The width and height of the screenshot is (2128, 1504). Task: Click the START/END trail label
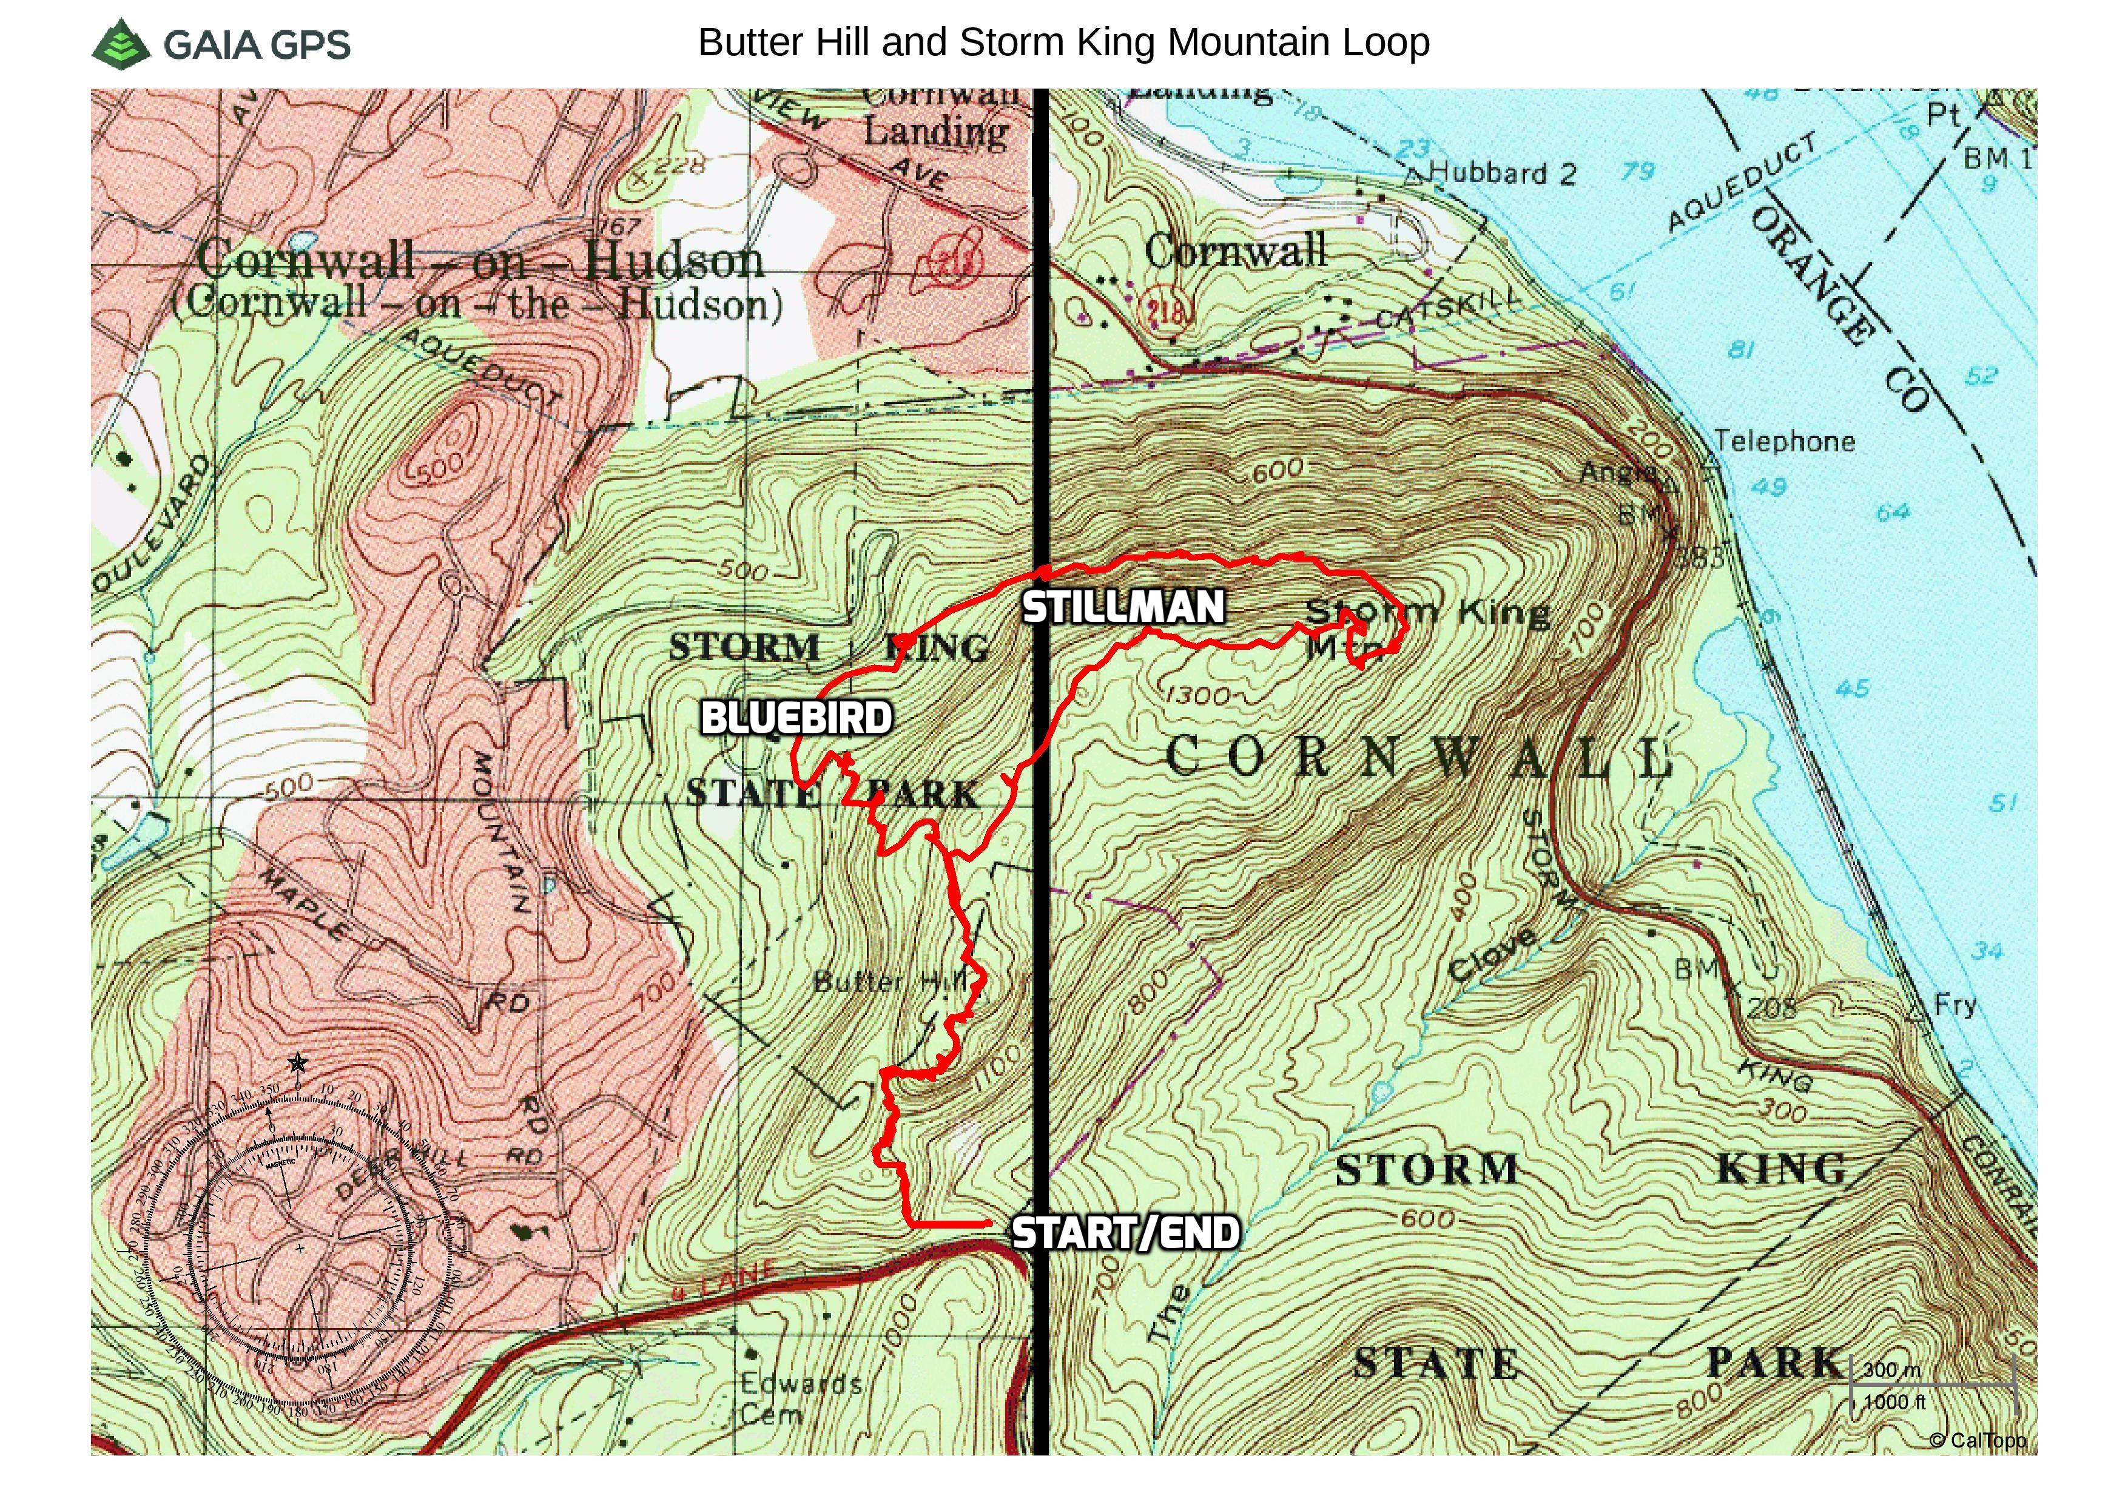1125,1233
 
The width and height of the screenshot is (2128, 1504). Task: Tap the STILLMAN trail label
1123,607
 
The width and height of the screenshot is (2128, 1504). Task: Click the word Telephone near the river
1784,441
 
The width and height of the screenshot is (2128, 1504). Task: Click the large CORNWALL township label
1418,757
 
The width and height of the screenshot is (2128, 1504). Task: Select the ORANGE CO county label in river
1840,306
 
